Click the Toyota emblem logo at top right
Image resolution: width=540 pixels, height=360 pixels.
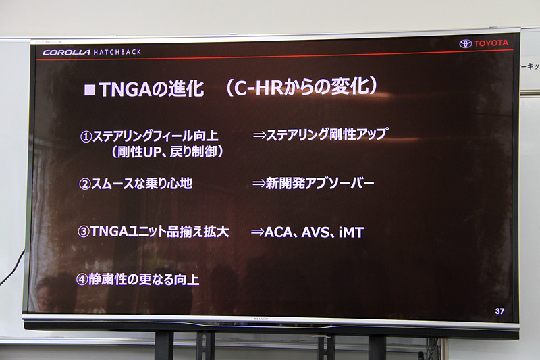pyautogui.click(x=465, y=44)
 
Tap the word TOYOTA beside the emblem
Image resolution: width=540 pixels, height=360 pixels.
pyautogui.click(x=491, y=44)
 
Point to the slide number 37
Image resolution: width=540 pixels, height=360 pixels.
pyautogui.click(x=500, y=311)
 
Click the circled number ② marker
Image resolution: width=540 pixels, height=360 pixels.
pyautogui.click(x=85, y=183)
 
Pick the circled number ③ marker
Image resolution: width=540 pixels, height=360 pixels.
pyautogui.click(x=84, y=232)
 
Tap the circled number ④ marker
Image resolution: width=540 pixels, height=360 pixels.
pyautogui.click(x=82, y=279)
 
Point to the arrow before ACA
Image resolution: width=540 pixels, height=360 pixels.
pyautogui.click(x=256, y=232)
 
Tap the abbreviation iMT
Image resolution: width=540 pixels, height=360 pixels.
pyautogui.click(x=352, y=232)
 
